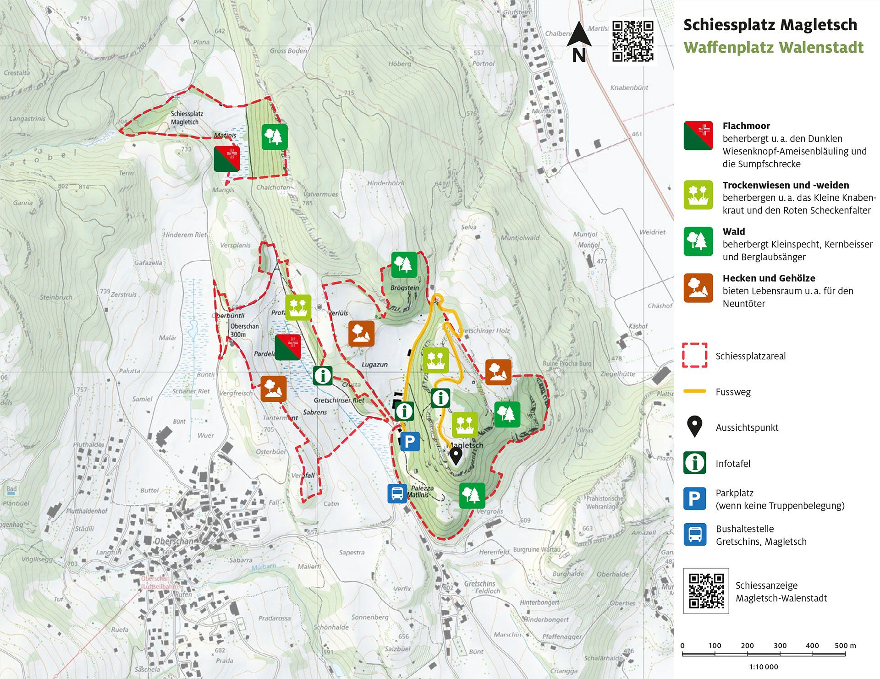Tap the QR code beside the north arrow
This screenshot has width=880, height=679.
pos(632,41)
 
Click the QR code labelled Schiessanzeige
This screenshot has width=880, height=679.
pos(706,591)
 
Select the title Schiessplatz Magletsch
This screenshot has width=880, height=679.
pos(770,25)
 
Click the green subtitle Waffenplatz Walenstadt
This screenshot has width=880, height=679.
pos(773,47)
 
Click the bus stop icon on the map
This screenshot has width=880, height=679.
pos(397,493)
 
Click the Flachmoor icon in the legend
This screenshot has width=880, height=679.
pos(698,136)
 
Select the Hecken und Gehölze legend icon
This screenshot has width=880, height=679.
pos(698,288)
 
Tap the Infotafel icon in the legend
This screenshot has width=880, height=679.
pos(694,463)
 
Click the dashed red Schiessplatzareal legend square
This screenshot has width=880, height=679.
pos(694,355)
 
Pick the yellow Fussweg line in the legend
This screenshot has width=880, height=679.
pos(694,391)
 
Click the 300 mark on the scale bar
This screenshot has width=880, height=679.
pos(780,646)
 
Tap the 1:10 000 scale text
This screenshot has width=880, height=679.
pos(764,667)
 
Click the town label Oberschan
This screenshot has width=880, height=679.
pos(174,541)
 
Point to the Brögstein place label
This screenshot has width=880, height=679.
pos(404,288)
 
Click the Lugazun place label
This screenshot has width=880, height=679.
pos(374,365)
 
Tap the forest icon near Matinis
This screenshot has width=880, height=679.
pos(275,137)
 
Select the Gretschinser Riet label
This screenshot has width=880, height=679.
pos(339,400)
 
